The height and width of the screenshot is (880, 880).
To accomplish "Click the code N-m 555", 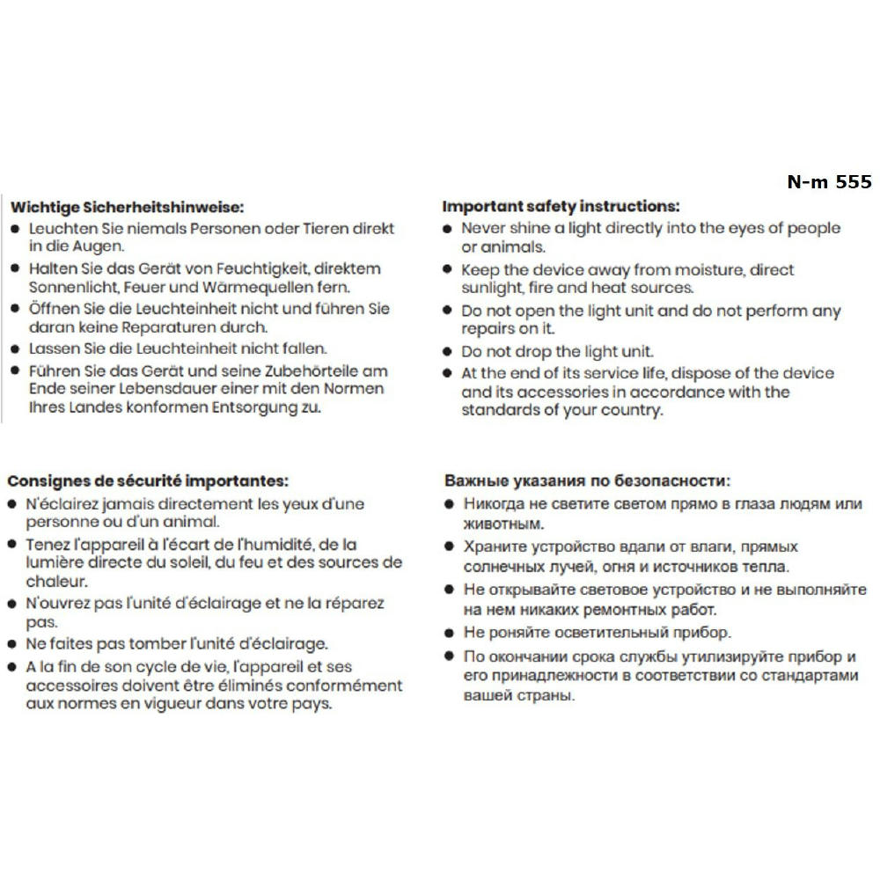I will [829, 182].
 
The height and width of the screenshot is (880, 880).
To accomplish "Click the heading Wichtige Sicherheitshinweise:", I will [126, 208].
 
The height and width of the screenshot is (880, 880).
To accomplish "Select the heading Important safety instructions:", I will [561, 207].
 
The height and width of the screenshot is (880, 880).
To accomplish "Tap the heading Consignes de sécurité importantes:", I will [148, 481].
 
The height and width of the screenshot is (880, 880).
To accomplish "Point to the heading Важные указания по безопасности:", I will [587, 481].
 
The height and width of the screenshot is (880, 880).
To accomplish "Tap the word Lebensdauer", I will [167, 389].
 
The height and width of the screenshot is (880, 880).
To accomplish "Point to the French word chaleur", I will [55, 582].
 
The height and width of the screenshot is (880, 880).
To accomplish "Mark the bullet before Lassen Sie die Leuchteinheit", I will [15, 348].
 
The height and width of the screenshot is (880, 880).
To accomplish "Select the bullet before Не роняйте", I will [449, 632].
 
